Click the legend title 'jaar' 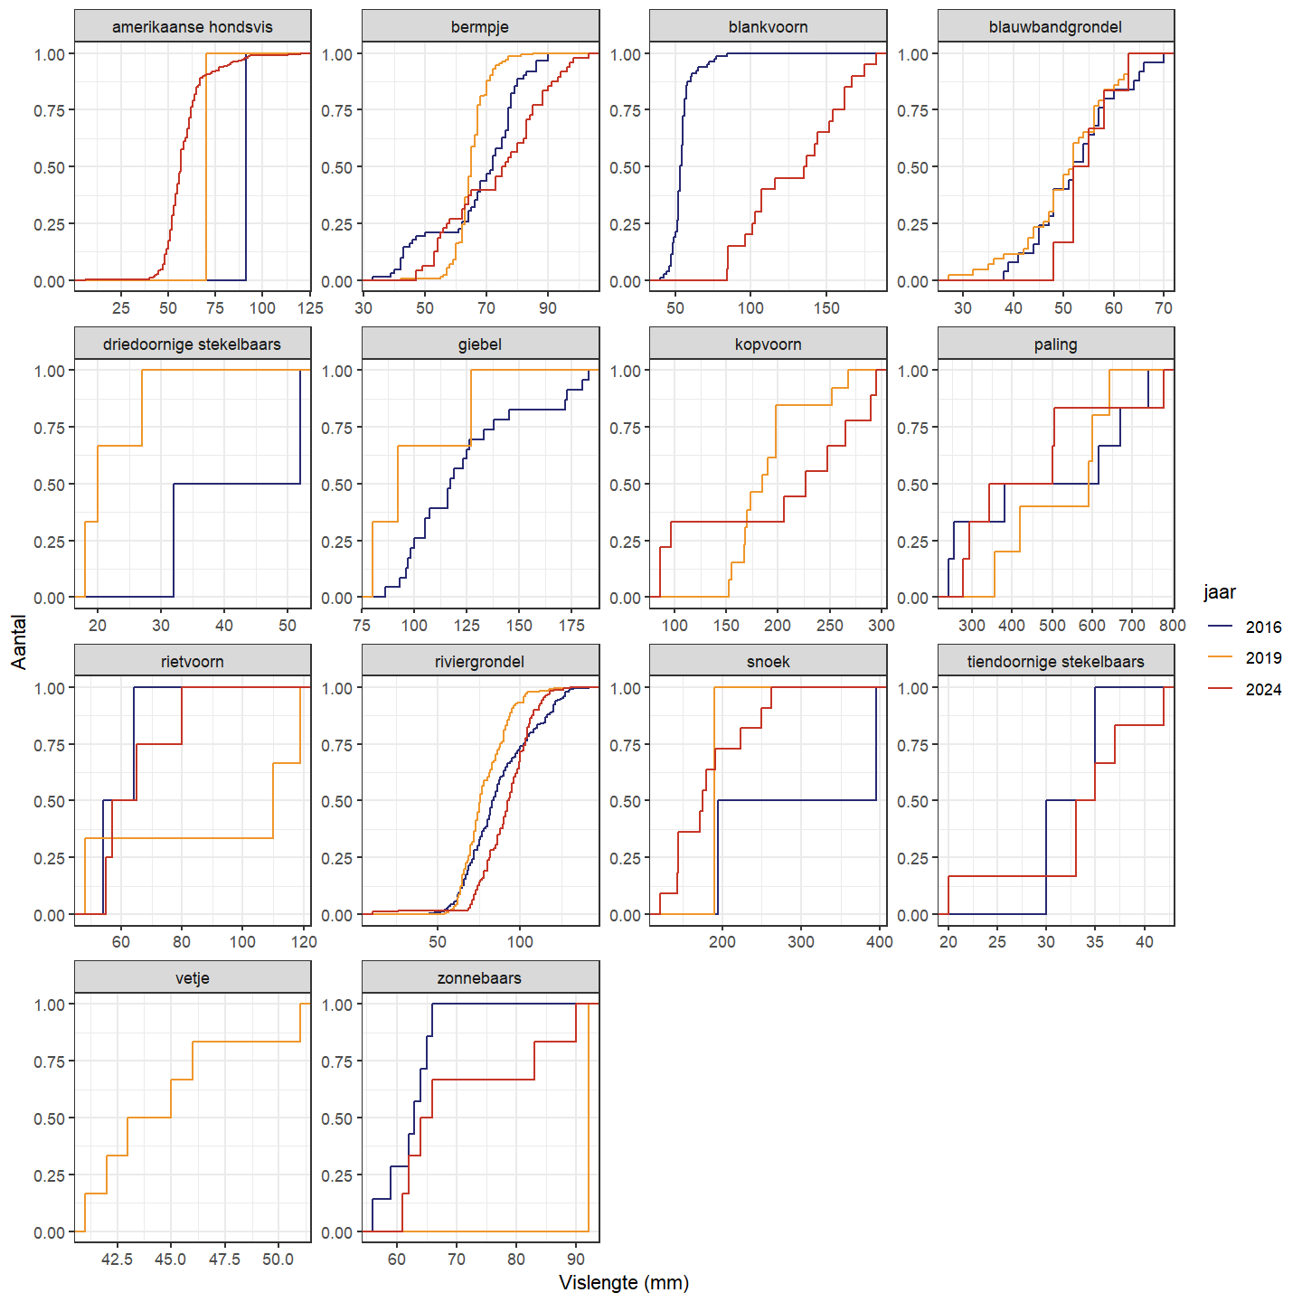[x=1220, y=592]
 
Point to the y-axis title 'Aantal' [x=19, y=642]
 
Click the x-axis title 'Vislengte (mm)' [x=624, y=1283]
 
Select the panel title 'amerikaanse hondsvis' [x=193, y=27]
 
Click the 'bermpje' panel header [x=480, y=27]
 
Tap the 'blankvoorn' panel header [x=768, y=27]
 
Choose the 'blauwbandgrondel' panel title [x=1055, y=27]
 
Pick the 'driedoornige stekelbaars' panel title [x=193, y=344]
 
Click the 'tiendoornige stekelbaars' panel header [x=1055, y=662]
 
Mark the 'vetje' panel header [x=193, y=978]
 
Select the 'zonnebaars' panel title [x=480, y=978]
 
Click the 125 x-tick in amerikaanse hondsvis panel [x=309, y=308]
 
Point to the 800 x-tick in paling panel [x=1172, y=626]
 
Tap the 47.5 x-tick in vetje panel [x=224, y=1260]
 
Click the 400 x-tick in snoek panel [x=879, y=942]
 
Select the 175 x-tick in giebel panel [x=571, y=626]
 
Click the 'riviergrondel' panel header [x=480, y=662]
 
